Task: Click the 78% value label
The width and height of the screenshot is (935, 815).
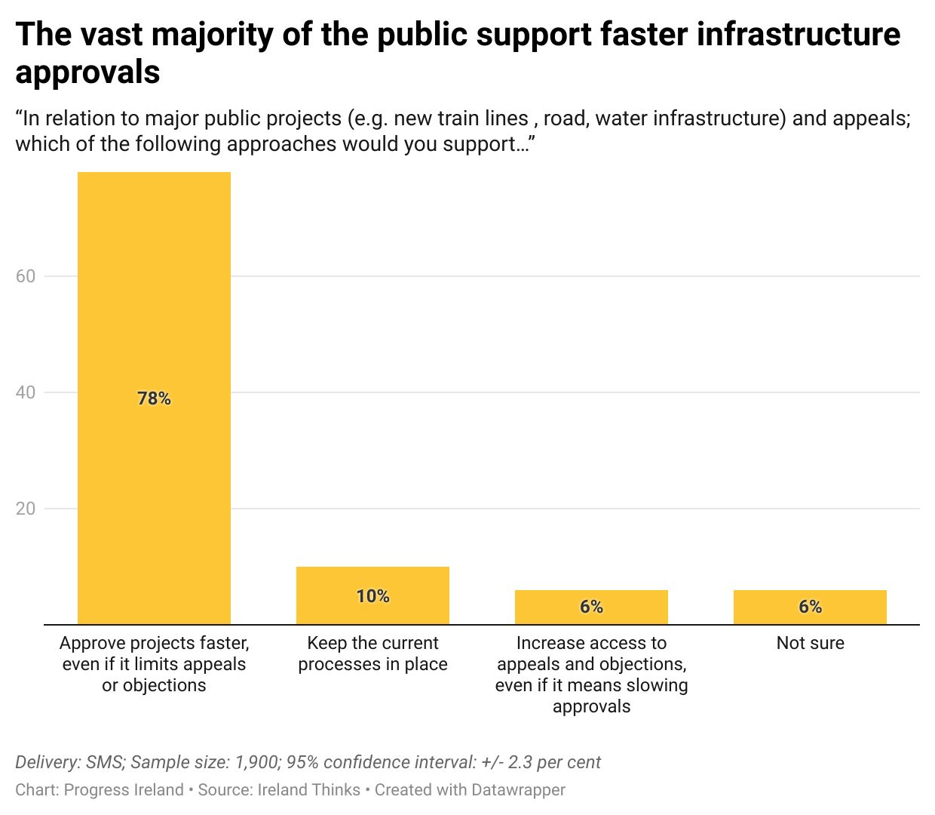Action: coord(154,398)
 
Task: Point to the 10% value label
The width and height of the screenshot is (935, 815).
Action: coord(372,596)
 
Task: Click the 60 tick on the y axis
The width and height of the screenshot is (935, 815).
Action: coord(26,276)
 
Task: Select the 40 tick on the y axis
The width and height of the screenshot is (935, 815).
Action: coord(26,392)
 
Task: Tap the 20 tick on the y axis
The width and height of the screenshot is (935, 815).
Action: coord(26,509)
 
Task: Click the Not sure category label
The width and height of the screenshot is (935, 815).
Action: coord(810,643)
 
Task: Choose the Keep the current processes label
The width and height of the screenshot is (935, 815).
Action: coord(372,654)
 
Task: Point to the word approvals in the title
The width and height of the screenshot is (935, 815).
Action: coord(87,73)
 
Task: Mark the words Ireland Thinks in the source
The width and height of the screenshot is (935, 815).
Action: coord(309,790)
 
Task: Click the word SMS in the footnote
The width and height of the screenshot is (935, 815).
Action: coord(105,762)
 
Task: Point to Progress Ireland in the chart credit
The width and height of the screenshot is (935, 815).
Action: coord(124,790)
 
